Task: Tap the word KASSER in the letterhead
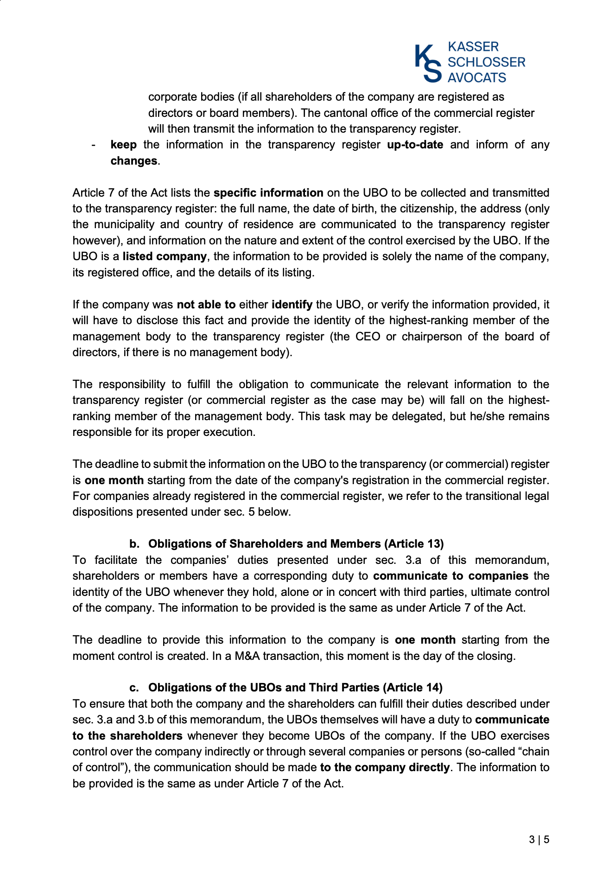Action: coord(473,47)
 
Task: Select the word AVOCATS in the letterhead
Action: coord(476,77)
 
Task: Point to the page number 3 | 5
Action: coord(539,839)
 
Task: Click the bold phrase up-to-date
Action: coord(415,145)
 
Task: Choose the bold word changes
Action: coord(134,161)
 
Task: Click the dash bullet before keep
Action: coord(94,145)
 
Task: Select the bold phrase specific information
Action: coord(268,193)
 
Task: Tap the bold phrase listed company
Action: coord(165,256)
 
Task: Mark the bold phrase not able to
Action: coord(206,305)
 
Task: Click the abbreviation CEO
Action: coord(368,337)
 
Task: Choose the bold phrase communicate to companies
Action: coord(450,576)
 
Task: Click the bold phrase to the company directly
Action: coord(385,767)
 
